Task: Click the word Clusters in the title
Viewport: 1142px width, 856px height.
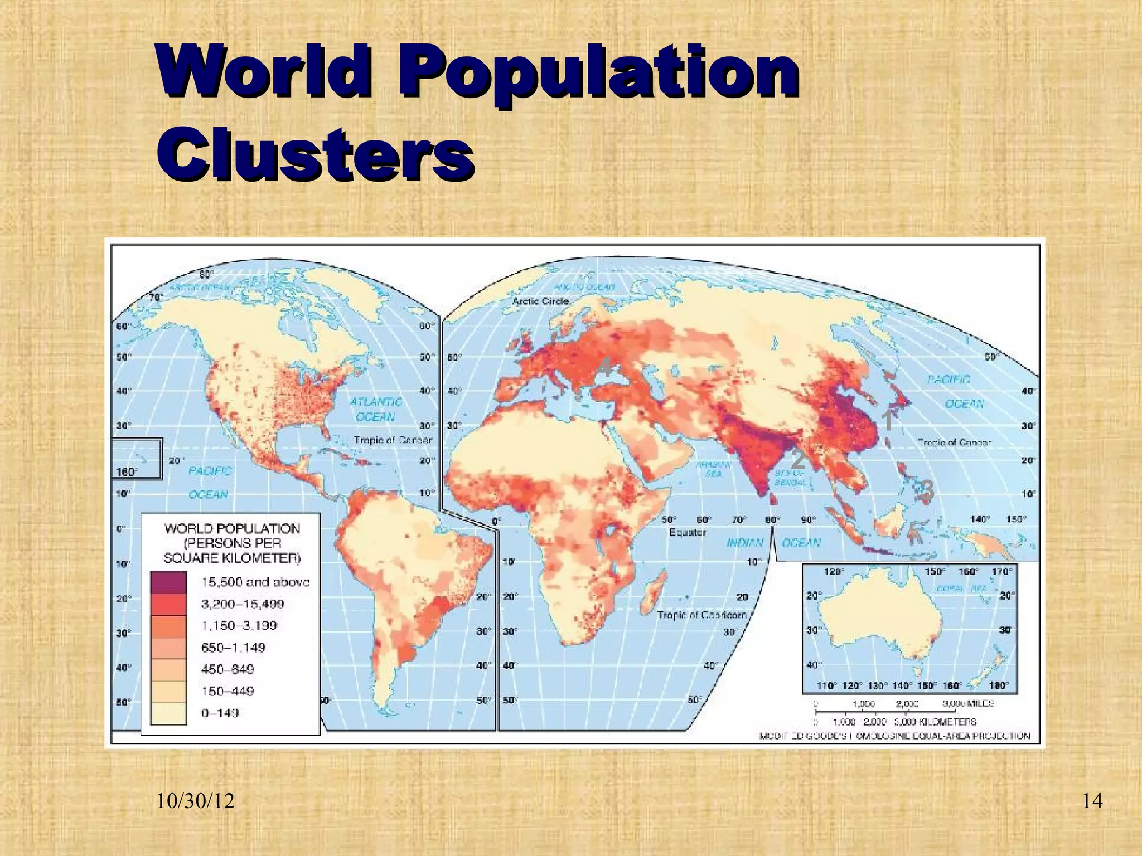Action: [315, 152]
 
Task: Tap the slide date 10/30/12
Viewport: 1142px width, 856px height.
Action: [195, 801]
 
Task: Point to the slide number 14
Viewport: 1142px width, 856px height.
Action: [1092, 801]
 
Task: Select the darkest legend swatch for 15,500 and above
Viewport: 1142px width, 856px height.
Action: [168, 582]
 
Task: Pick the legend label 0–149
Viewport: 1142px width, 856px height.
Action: [220, 713]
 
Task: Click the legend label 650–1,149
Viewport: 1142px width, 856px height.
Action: [233, 648]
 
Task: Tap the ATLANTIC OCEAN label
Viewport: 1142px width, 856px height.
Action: [376, 409]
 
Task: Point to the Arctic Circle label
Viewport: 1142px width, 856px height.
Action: [540, 301]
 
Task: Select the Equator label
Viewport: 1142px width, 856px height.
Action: [688, 532]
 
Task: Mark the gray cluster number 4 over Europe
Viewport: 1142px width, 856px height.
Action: [606, 367]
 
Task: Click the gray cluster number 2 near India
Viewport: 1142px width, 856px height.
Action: [798, 459]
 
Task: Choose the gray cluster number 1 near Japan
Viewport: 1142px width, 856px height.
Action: [888, 421]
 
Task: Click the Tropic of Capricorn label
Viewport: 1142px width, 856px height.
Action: [701, 615]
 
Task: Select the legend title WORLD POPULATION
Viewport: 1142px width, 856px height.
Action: [232, 528]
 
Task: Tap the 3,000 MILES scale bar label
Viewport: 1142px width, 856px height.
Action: [968, 703]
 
